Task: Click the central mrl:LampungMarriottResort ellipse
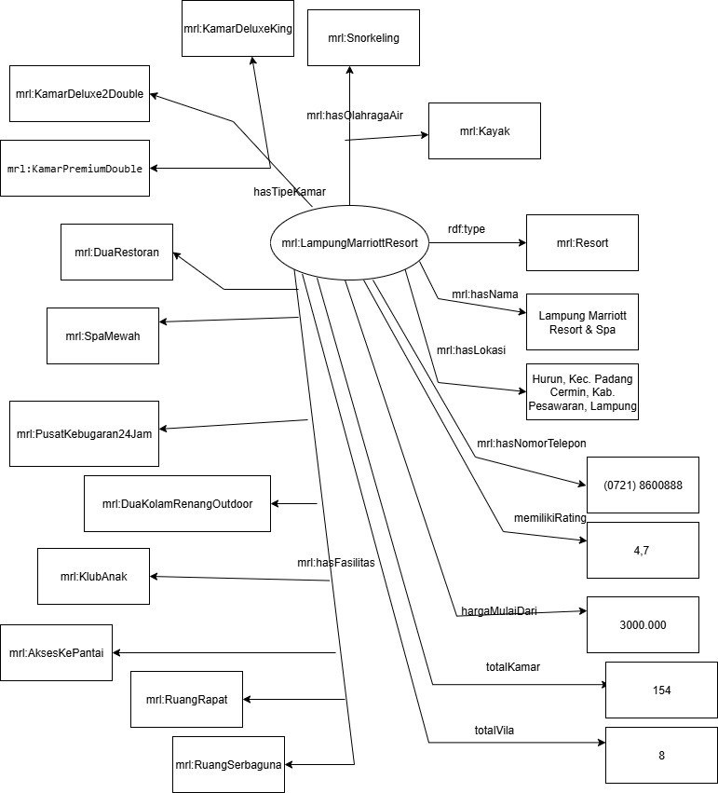coord(349,243)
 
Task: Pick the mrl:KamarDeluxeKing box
coord(238,29)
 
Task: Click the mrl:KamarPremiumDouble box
coord(75,169)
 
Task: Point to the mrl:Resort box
coord(582,243)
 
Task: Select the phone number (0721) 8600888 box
coord(643,485)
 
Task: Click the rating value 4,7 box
coord(643,551)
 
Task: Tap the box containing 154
coord(661,690)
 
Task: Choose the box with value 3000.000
coord(643,624)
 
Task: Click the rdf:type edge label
coord(467,228)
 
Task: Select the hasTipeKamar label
coord(290,192)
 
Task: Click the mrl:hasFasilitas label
coord(335,562)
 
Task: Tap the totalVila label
coord(494,730)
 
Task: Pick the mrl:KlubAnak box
coord(93,576)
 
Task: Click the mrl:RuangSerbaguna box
coord(228,764)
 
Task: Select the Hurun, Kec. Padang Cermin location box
coord(582,392)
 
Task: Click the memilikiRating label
coord(549,518)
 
